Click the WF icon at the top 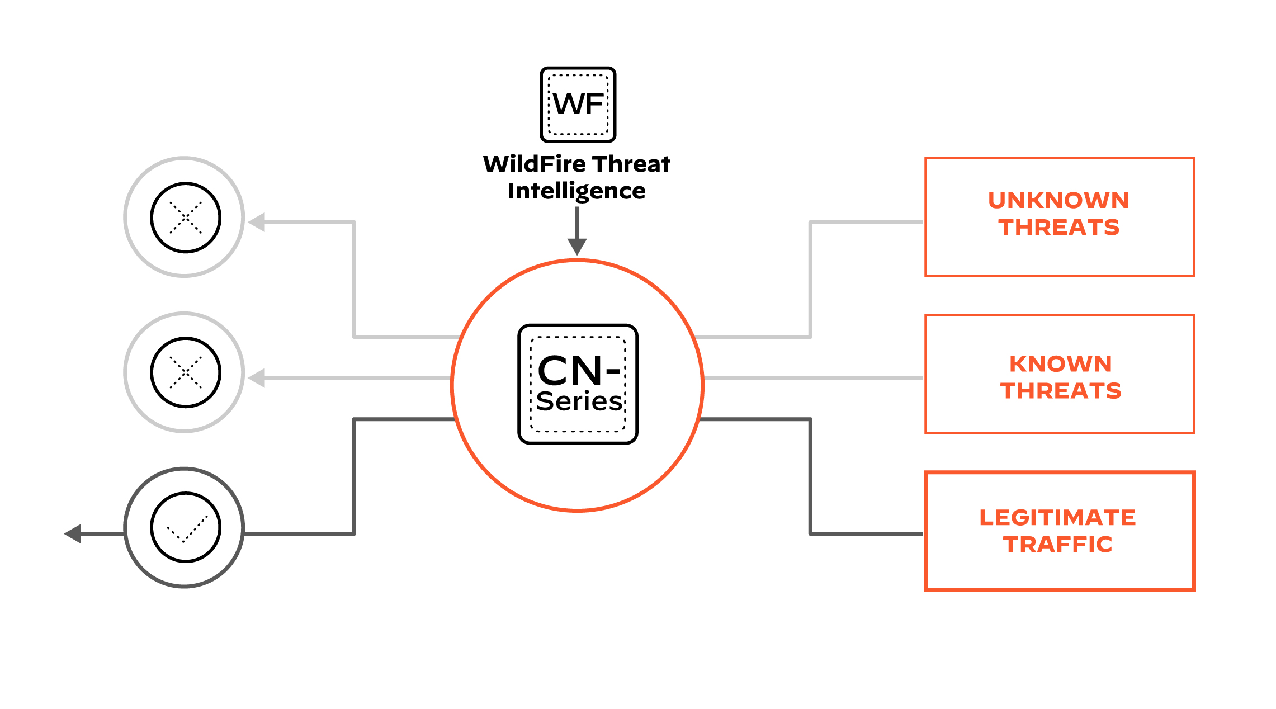tap(578, 105)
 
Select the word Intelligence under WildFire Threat tap(576, 191)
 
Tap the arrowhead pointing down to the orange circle tap(577, 247)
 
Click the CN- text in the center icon tap(578, 371)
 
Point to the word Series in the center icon tap(579, 401)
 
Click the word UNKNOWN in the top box tap(1058, 201)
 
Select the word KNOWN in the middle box tap(1060, 364)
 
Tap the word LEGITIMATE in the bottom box tap(1057, 518)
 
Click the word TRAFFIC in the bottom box tap(1057, 545)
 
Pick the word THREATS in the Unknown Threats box tap(1058, 228)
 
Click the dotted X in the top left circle tap(186, 217)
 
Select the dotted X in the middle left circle tap(186, 372)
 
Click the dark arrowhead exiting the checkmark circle tap(73, 534)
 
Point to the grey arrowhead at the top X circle tap(257, 223)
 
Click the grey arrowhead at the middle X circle tap(257, 379)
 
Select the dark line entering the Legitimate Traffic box tap(867, 534)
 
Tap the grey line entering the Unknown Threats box tap(867, 223)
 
